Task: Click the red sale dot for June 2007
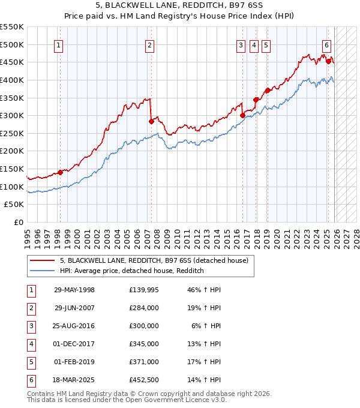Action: click(x=151, y=121)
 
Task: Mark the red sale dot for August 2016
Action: click(x=242, y=116)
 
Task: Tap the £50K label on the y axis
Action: click(x=14, y=205)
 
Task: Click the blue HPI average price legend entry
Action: click(x=132, y=271)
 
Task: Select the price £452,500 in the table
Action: click(x=143, y=379)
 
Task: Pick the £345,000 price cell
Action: click(x=143, y=344)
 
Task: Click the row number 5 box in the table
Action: click(x=31, y=362)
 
